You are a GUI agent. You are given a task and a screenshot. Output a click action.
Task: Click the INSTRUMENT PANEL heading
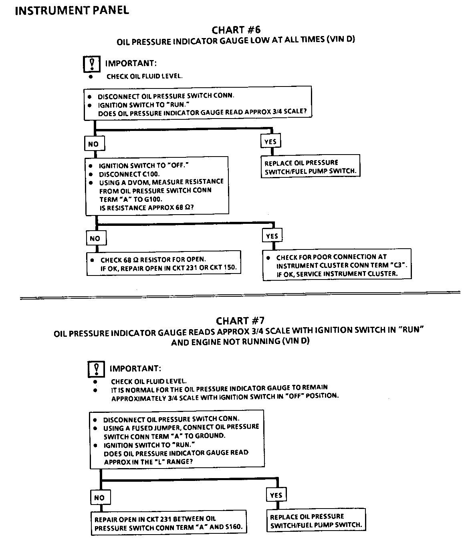[72, 10]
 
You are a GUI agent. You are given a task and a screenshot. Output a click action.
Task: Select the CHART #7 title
[240, 321]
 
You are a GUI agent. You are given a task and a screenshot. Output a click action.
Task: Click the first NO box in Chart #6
[93, 144]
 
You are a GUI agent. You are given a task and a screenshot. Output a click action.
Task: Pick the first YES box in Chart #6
[270, 141]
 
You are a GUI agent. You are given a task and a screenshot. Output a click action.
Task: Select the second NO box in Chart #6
[95, 239]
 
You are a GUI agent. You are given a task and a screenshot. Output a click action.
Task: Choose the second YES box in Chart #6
[272, 236]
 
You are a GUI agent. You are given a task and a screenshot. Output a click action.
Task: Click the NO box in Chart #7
[99, 498]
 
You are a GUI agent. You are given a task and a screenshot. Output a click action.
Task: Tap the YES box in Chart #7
[276, 495]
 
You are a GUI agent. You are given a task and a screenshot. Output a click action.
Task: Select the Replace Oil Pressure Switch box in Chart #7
[316, 521]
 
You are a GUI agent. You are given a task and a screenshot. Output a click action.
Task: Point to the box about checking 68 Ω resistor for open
[164, 263]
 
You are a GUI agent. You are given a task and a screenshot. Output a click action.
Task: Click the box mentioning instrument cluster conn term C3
[337, 265]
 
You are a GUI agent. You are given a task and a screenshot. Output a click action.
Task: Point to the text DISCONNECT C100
[129, 174]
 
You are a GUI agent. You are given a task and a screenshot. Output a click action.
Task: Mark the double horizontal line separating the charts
[240, 298]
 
